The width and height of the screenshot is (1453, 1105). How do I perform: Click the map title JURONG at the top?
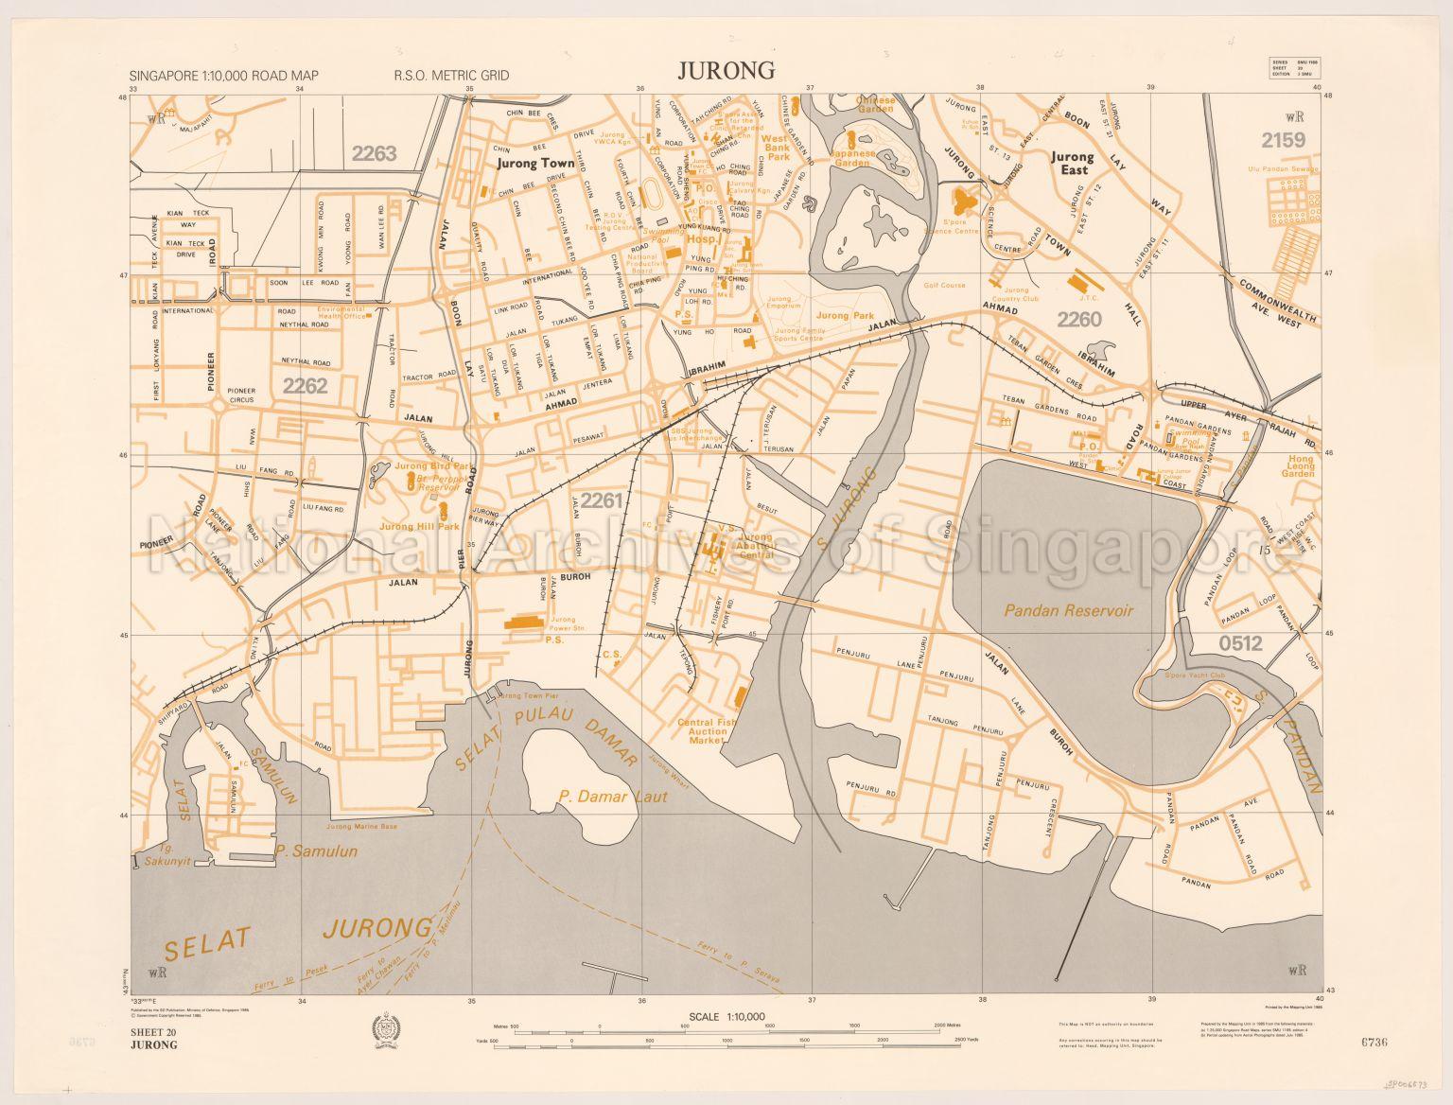click(x=726, y=70)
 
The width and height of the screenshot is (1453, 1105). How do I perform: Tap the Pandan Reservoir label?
click(x=1069, y=611)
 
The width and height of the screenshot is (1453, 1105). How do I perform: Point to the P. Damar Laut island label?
click(x=613, y=797)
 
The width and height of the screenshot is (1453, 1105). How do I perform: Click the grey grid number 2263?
click(x=373, y=153)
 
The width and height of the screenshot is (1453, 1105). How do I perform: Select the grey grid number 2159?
click(x=1282, y=140)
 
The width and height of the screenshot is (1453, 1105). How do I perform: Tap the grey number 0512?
click(x=1241, y=644)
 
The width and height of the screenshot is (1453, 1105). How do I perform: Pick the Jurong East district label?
click(x=1072, y=164)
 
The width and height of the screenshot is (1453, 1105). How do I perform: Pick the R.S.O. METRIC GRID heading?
click(x=452, y=76)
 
